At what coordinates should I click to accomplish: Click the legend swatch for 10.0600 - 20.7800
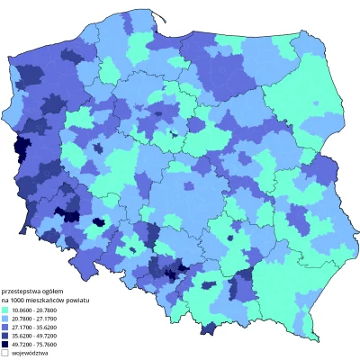click(7, 309)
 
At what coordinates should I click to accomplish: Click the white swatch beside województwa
click(7, 352)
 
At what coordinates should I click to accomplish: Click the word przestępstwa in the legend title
click(22, 291)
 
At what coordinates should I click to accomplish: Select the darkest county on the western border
click(14, 155)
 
